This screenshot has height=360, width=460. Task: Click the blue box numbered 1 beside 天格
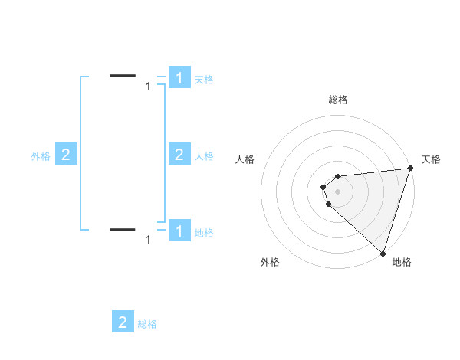point(179,77)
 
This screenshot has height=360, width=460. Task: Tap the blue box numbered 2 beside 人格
point(179,155)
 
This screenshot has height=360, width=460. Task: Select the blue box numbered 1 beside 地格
point(179,230)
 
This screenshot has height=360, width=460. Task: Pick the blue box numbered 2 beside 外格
point(66,155)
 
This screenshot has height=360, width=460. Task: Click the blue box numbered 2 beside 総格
point(123,322)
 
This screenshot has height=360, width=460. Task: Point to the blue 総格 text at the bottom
point(147,325)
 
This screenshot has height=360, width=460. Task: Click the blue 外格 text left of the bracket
point(41,156)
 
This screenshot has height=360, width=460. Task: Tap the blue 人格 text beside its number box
point(204,156)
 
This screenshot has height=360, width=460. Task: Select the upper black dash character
point(123,75)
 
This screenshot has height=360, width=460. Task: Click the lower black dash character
point(123,229)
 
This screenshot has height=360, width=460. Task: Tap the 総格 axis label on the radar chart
point(338,100)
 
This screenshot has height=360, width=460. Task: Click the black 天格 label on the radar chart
point(431,159)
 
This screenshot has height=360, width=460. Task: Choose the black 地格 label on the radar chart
point(402,262)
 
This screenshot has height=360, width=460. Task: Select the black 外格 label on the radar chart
point(270,262)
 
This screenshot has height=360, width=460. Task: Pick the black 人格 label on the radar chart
point(245,159)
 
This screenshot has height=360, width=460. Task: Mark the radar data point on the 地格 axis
point(383,252)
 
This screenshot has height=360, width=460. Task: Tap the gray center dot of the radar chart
point(338,191)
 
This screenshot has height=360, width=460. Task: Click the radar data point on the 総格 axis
point(338,176)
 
